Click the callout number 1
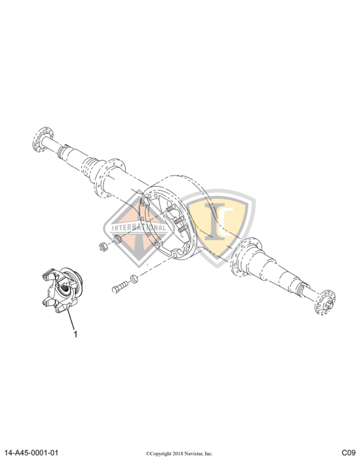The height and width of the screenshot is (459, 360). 75,334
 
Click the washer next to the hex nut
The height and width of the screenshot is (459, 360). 117,239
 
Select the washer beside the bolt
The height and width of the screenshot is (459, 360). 134,279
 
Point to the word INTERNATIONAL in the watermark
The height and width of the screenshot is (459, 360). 139,228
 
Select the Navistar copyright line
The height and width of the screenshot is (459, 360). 179,453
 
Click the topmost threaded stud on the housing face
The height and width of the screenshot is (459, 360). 170,209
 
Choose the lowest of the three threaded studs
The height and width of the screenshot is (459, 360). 182,229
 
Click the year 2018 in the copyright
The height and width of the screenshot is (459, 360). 175,453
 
